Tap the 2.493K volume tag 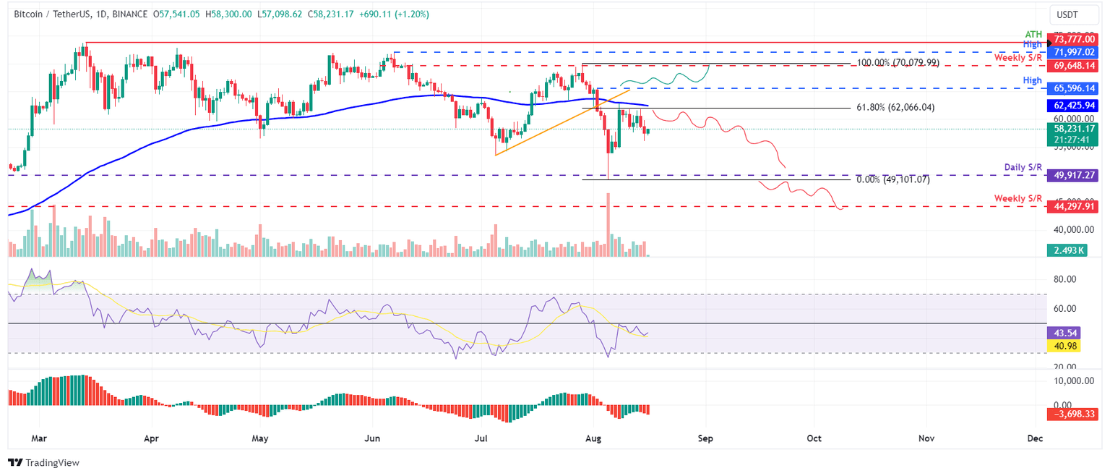1066,250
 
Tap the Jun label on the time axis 371,438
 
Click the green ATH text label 1034,34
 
